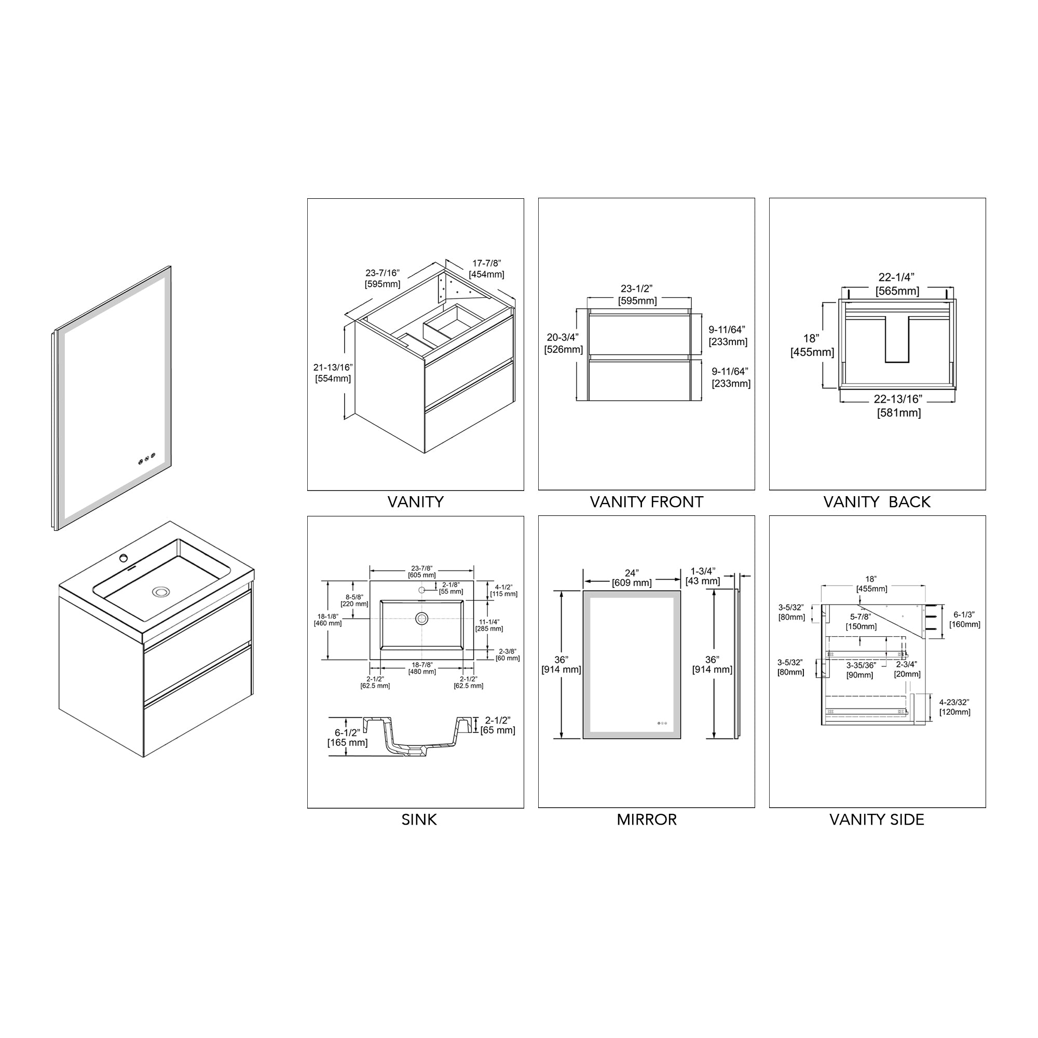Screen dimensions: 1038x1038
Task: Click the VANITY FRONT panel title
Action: click(x=646, y=502)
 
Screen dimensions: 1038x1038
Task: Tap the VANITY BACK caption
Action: click(x=877, y=502)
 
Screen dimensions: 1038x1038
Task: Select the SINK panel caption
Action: click(x=419, y=820)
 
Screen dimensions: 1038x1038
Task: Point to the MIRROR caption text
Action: click(x=646, y=820)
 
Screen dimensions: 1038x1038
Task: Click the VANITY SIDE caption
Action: click(x=877, y=820)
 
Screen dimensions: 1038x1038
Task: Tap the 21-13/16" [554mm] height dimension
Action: click(x=333, y=373)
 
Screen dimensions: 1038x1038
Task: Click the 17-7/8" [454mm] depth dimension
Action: click(x=486, y=269)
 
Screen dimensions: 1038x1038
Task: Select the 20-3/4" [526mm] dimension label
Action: click(x=563, y=343)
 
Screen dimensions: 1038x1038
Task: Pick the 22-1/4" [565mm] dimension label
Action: click(x=897, y=284)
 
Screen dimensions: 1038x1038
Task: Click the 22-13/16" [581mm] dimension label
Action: click(x=898, y=406)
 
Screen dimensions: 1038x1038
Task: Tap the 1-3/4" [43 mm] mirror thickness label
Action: click(x=703, y=576)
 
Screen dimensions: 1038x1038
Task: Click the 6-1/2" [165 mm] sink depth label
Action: click(x=347, y=737)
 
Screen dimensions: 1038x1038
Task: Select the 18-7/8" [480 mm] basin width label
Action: click(x=422, y=668)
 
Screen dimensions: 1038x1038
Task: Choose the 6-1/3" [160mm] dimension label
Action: click(x=964, y=620)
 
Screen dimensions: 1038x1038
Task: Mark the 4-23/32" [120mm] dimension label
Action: click(x=954, y=707)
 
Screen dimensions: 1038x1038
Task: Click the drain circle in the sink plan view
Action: click(x=422, y=619)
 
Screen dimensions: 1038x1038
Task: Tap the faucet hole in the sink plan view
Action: click(x=422, y=590)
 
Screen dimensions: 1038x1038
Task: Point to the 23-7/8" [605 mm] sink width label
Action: click(x=422, y=571)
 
